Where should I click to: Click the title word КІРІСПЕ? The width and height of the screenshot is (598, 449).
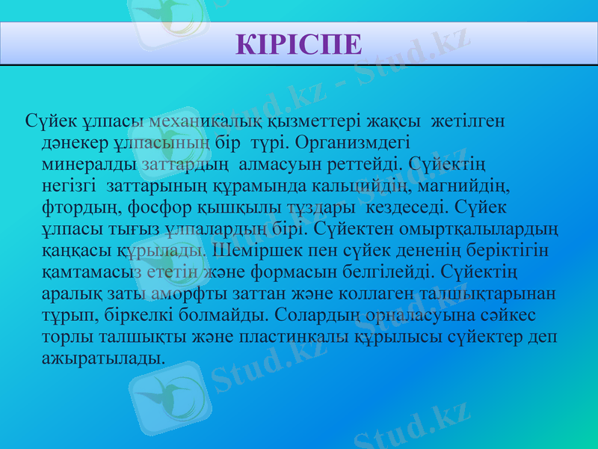(x=298, y=43)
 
